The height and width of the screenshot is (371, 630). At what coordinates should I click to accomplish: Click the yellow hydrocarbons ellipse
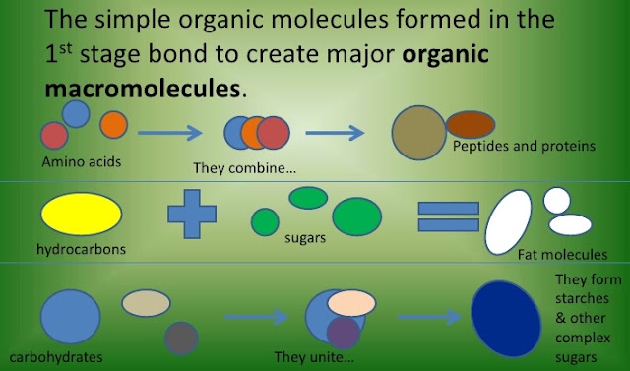point(81,214)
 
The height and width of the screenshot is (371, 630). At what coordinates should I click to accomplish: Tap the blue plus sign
point(192,214)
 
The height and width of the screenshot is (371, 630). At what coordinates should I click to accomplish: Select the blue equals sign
point(449,216)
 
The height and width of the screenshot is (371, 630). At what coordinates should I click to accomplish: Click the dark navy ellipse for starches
point(506,319)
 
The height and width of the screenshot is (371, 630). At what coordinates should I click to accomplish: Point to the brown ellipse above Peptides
point(471,124)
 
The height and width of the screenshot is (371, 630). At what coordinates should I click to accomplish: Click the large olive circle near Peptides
point(419,133)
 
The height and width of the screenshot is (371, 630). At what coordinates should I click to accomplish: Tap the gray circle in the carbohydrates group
point(181,339)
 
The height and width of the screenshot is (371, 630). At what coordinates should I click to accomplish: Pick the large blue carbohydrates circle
point(70,317)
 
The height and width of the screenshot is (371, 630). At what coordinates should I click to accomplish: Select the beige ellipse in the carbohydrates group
point(147,303)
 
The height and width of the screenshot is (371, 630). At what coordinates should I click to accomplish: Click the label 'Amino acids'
point(81,161)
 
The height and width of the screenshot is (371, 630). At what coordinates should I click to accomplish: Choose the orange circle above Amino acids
point(114,125)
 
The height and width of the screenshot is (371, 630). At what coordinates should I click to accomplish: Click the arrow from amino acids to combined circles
point(170,133)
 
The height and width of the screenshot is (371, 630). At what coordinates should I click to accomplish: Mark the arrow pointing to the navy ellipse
point(429,317)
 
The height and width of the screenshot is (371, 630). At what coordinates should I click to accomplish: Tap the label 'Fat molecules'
point(562,254)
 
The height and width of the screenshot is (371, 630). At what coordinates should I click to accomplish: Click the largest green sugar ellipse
point(356,216)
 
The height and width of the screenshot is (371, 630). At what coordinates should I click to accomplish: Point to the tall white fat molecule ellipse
point(508,222)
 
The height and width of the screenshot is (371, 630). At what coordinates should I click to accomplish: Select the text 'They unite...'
point(314,357)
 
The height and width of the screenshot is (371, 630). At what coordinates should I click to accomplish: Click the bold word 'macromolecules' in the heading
point(142,89)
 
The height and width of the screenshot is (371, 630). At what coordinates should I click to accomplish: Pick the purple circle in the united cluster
point(344,333)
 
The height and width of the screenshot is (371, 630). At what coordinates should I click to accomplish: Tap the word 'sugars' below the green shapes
point(305,238)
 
